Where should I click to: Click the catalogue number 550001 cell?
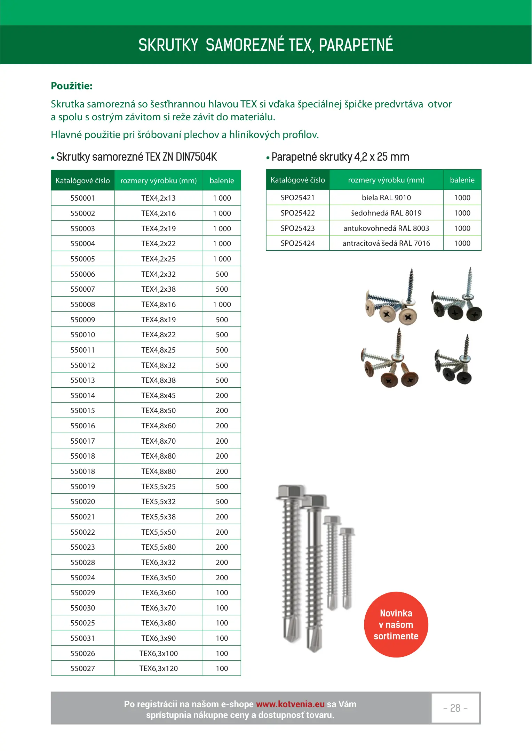pos(82,198)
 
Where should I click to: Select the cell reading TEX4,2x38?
pos(158,289)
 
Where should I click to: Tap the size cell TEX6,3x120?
pos(158,669)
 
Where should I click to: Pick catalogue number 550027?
pos(82,669)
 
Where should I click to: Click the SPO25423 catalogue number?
pos(297,228)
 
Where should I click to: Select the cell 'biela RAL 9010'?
pos(386,198)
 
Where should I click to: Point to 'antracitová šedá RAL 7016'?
pos(386,243)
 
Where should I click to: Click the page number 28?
pos(455,708)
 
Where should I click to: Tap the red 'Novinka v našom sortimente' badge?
pos(396,625)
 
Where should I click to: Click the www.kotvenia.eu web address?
pos(290,704)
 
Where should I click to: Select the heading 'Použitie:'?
pos(72,86)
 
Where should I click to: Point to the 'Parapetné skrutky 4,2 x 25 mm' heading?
pos(340,157)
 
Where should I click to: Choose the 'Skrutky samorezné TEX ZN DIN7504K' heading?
pos(136,157)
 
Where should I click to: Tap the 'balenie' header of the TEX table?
pos(222,181)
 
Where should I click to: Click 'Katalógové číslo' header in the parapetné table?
pos(297,180)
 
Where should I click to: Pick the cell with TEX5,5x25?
pos(158,487)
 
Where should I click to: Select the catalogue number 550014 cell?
pos(82,396)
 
